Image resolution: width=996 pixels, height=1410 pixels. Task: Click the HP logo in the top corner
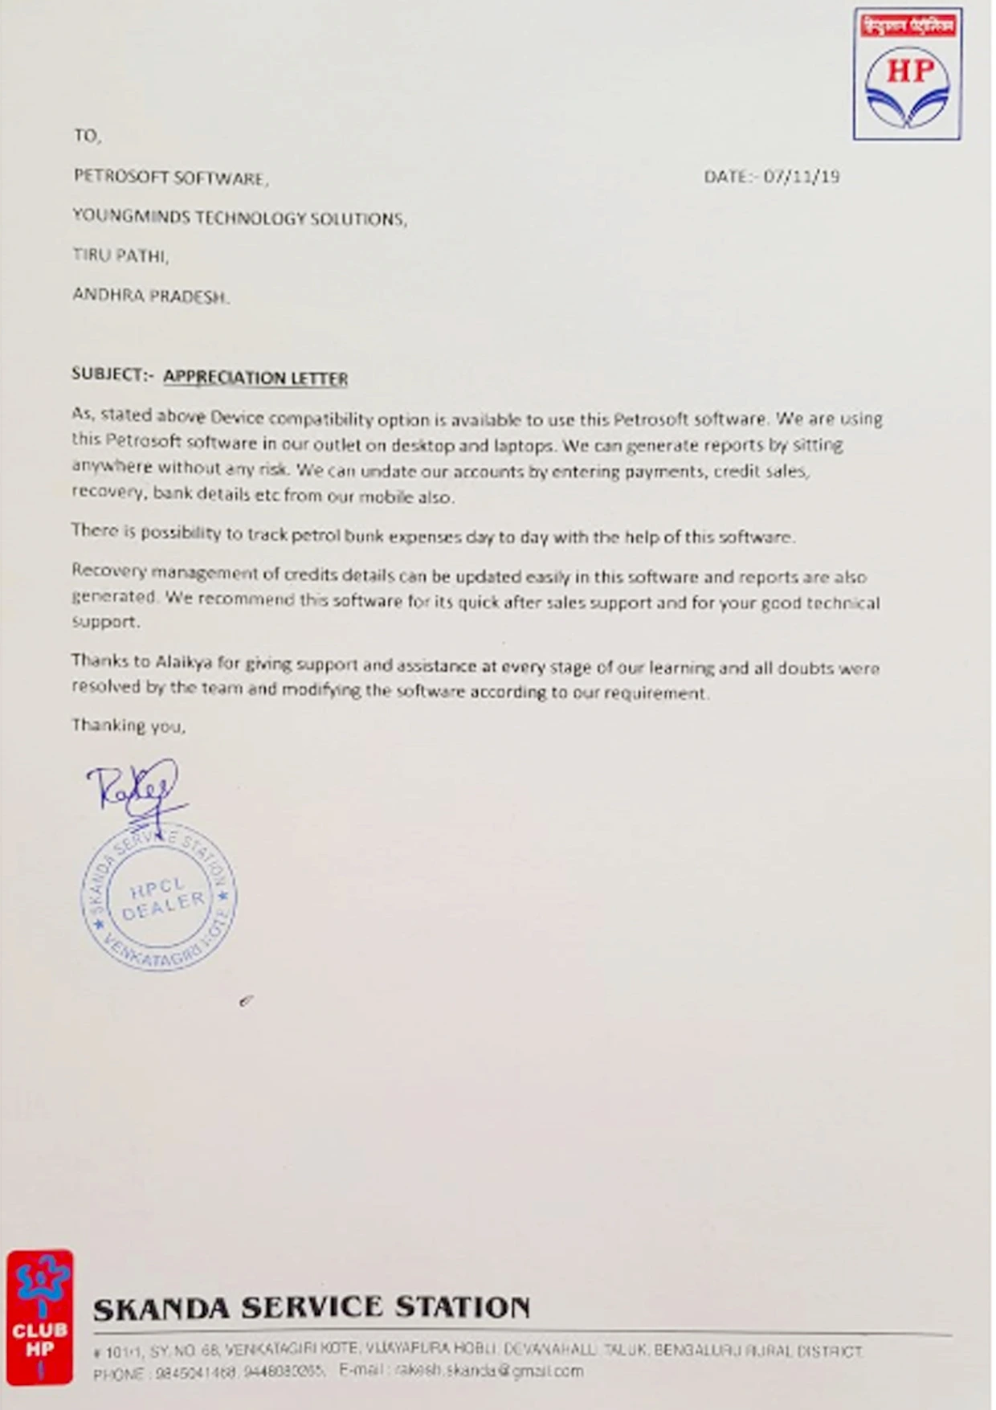[908, 75]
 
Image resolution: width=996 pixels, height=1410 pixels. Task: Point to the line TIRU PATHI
[120, 255]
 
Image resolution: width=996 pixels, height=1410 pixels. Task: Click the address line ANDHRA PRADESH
[150, 296]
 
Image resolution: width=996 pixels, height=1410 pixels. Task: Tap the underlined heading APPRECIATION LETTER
[255, 378]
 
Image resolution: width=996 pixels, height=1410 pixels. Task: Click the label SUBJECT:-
[112, 374]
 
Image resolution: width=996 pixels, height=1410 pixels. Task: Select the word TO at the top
[87, 136]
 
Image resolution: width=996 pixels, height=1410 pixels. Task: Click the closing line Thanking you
[129, 725]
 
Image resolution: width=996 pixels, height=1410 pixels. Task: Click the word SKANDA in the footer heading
[161, 1310]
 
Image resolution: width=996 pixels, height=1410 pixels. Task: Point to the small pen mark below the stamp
[246, 1000]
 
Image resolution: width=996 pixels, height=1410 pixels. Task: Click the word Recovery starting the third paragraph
[108, 570]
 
